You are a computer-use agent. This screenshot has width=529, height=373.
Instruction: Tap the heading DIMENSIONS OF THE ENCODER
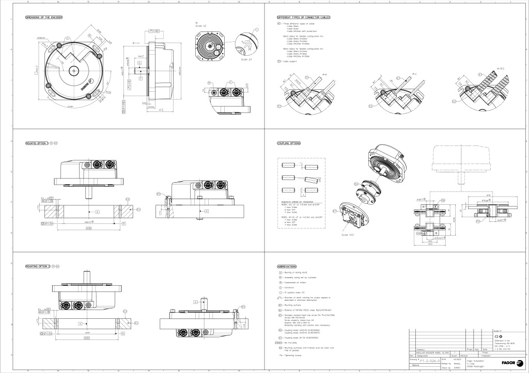pyautogui.click(x=44, y=18)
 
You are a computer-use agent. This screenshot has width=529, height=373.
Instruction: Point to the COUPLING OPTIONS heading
pyautogui.click(x=289, y=143)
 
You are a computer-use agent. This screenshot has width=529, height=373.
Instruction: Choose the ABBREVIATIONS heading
pyautogui.click(x=287, y=266)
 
